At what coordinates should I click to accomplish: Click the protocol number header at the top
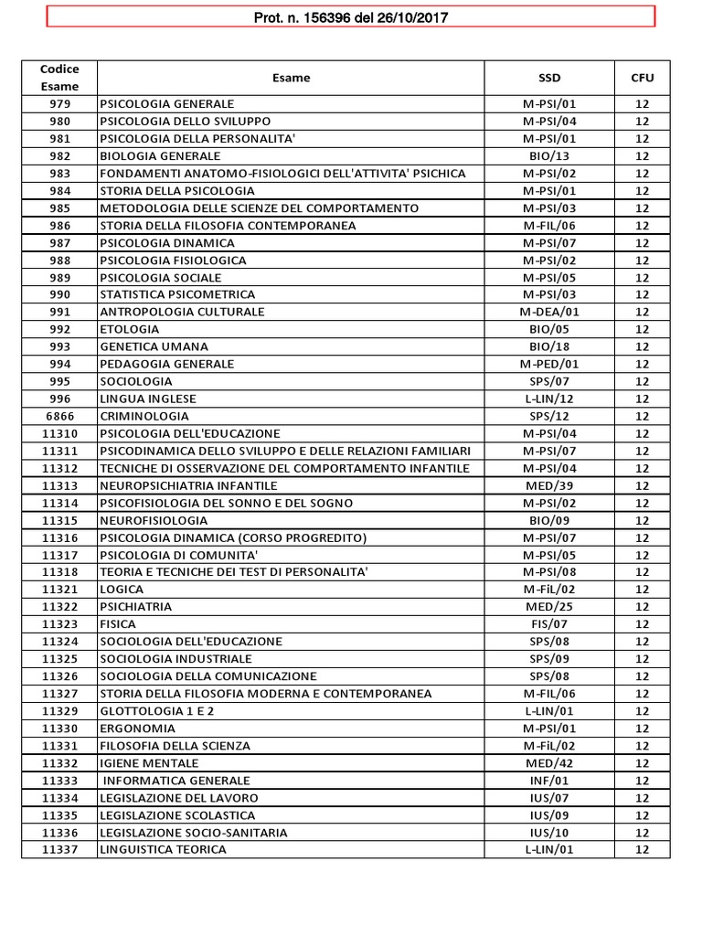pyautogui.click(x=351, y=17)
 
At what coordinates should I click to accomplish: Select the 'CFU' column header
pyautogui.click(x=642, y=78)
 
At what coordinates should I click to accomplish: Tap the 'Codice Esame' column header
pyautogui.click(x=59, y=78)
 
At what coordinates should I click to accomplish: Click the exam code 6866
pyautogui.click(x=59, y=416)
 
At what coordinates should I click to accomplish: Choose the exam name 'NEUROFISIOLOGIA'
pyautogui.click(x=154, y=520)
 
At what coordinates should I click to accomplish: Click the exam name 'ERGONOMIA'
pyautogui.click(x=137, y=729)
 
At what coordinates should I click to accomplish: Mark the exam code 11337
pyautogui.click(x=59, y=850)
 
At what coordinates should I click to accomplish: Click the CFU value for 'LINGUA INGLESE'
pyautogui.click(x=642, y=399)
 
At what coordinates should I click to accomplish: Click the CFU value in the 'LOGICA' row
pyautogui.click(x=642, y=590)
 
